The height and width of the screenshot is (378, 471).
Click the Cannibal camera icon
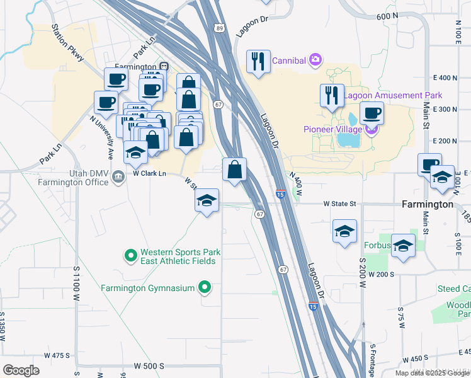pos(315,60)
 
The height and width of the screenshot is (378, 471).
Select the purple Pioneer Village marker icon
pos(372,130)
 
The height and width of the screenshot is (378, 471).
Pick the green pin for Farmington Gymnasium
pos(204,289)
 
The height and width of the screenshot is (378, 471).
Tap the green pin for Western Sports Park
pos(130,255)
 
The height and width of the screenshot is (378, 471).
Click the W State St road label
pos(339,204)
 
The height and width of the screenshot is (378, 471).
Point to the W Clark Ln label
pos(149,173)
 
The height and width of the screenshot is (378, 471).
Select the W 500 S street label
pos(149,365)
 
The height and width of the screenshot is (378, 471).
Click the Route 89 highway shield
pos(218,45)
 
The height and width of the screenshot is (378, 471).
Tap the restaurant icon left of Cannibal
pos(258,61)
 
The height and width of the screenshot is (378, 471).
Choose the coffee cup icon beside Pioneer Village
pos(372,113)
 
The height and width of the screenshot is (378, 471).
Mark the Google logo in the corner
pos(21,370)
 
